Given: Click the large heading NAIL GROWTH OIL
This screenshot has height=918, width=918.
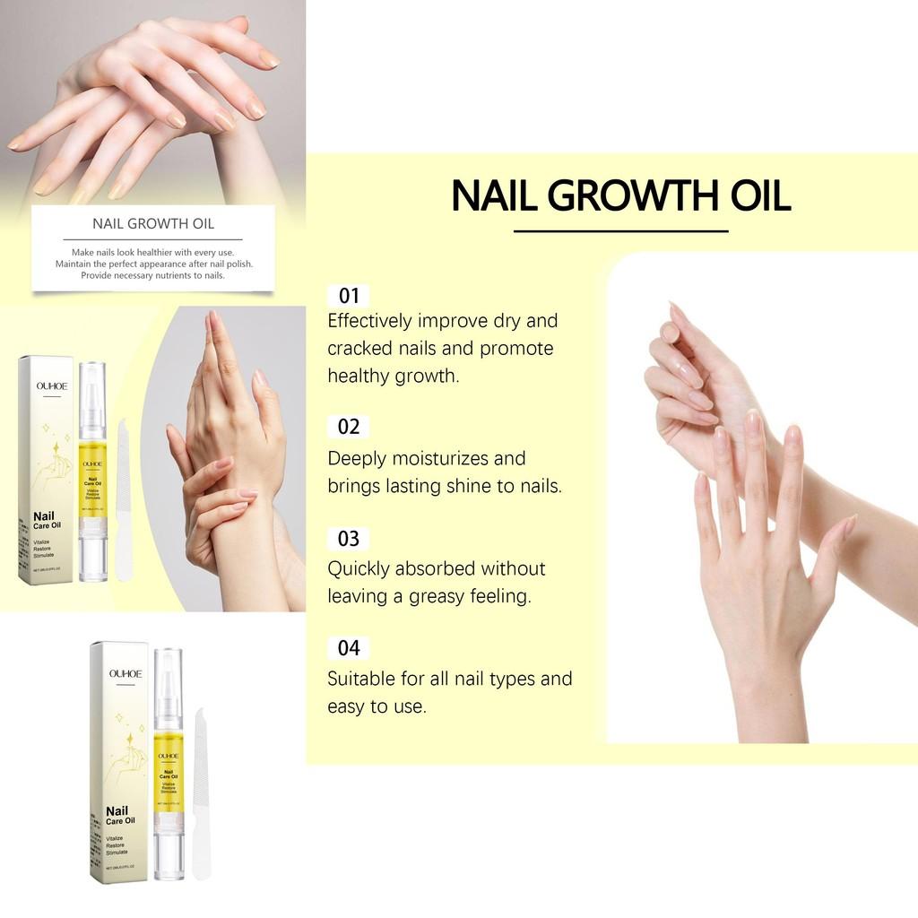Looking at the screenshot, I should click(620, 196).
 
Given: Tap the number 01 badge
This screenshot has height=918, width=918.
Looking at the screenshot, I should click(349, 296).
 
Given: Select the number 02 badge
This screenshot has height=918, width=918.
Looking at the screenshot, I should click(349, 427).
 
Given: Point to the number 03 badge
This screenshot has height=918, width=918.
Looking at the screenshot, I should click(349, 539).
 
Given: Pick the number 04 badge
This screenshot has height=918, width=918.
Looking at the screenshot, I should click(349, 647).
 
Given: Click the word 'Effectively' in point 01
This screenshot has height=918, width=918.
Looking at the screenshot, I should click(369, 321).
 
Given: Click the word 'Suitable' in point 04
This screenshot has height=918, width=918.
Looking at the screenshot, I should click(360, 679).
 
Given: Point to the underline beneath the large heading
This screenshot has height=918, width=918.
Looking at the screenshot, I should click(620, 231).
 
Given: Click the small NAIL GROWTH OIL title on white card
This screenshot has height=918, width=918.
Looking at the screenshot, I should click(153, 223).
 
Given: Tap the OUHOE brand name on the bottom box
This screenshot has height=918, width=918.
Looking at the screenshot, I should click(126, 672).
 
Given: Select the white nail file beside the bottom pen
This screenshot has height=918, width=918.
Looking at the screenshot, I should click(202, 789).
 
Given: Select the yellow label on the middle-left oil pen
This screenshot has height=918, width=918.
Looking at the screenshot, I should click(92, 474).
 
